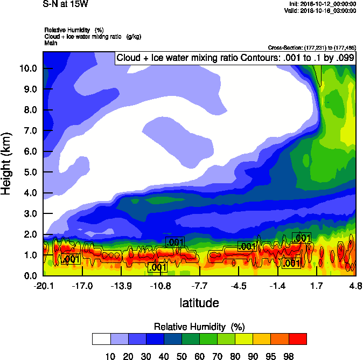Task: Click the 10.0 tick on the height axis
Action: point(28,68)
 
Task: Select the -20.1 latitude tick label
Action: point(43,286)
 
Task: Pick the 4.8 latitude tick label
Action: point(355,286)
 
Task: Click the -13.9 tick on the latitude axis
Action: point(121,286)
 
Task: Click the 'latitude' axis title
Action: point(199,303)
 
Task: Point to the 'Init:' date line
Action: point(322,4)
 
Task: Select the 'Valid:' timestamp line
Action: point(321,10)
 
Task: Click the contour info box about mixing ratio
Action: point(235,58)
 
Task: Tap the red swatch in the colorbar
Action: point(298,338)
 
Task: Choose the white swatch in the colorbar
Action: point(101,338)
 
